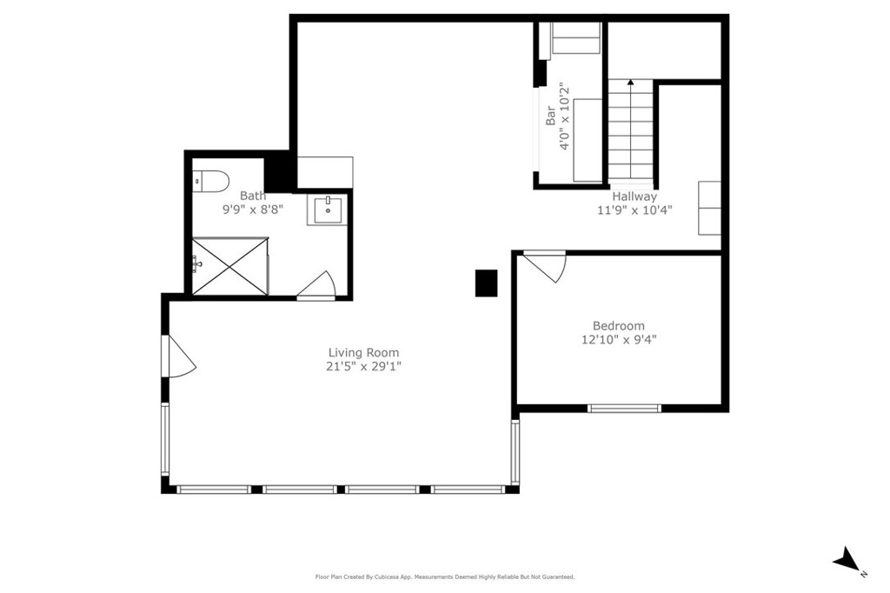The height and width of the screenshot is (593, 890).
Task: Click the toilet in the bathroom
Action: coord(210,181)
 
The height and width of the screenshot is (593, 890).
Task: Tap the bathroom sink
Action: coord(328,210)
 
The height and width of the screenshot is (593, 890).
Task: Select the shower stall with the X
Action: coord(229,266)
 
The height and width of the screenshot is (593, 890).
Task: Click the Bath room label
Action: coord(253,196)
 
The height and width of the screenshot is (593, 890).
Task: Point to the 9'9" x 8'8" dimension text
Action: coord(253,209)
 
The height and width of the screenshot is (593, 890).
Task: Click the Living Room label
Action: coord(364,353)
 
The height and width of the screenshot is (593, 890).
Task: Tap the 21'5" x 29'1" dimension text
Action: coord(364,366)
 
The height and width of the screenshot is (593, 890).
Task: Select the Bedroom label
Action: coord(619,326)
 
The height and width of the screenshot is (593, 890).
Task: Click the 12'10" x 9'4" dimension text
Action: coord(619,340)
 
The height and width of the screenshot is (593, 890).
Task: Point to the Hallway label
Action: coord(634,197)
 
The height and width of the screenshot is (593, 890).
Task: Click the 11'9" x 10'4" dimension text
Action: coord(634,210)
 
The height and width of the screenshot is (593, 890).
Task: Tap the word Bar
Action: coord(550,116)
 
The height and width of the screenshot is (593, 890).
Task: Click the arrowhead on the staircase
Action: coord(631,83)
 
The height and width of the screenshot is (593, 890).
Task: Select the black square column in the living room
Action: coord(487,283)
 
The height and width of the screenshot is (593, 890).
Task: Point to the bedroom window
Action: coord(624,408)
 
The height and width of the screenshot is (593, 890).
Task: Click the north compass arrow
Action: coord(847,559)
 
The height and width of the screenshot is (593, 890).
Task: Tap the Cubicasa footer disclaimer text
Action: coord(445,577)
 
